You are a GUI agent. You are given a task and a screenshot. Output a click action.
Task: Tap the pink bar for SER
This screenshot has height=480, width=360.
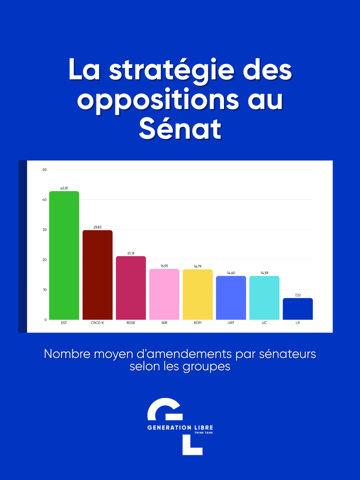click(x=164, y=294)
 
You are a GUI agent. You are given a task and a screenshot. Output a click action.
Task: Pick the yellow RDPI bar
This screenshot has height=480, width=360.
click(x=198, y=294)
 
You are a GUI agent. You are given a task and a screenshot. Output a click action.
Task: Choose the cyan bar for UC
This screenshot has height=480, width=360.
click(x=264, y=298)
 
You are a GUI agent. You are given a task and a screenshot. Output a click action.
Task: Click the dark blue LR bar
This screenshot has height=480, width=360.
click(x=298, y=309)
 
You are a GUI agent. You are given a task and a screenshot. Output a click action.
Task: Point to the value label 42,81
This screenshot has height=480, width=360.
click(x=64, y=188)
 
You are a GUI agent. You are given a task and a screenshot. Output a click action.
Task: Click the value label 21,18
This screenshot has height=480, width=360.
click(x=131, y=253)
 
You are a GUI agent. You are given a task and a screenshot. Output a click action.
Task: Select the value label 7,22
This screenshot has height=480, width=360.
click(x=298, y=294)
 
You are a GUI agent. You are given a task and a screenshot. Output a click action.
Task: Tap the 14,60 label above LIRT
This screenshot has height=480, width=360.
click(x=231, y=272)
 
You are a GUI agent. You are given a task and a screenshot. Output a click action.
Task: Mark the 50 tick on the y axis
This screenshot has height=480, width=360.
click(x=44, y=170)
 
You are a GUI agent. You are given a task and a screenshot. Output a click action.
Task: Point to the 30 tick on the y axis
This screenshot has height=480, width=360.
click(x=44, y=230)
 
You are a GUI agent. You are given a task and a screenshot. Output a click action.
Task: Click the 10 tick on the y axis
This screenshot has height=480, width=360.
click(x=44, y=290)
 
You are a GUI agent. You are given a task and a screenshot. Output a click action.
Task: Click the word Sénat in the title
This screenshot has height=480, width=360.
click(x=180, y=129)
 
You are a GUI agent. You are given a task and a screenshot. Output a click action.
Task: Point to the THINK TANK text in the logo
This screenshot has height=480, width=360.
click(x=203, y=433)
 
